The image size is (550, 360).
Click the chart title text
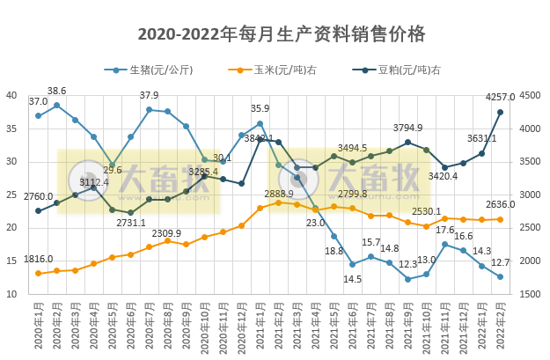point(282,34)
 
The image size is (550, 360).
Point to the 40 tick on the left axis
point(12,95)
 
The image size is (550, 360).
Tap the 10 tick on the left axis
point(12,294)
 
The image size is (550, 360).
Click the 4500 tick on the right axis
point(531,95)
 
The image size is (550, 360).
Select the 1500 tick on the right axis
point(531,294)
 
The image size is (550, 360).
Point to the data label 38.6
point(56,91)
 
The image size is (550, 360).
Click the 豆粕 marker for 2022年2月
point(500,112)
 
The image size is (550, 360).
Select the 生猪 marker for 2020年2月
point(57,106)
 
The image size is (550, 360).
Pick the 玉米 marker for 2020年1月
point(39,273)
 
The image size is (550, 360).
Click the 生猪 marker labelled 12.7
point(500,276)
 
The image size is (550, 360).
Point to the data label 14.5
point(353,279)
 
